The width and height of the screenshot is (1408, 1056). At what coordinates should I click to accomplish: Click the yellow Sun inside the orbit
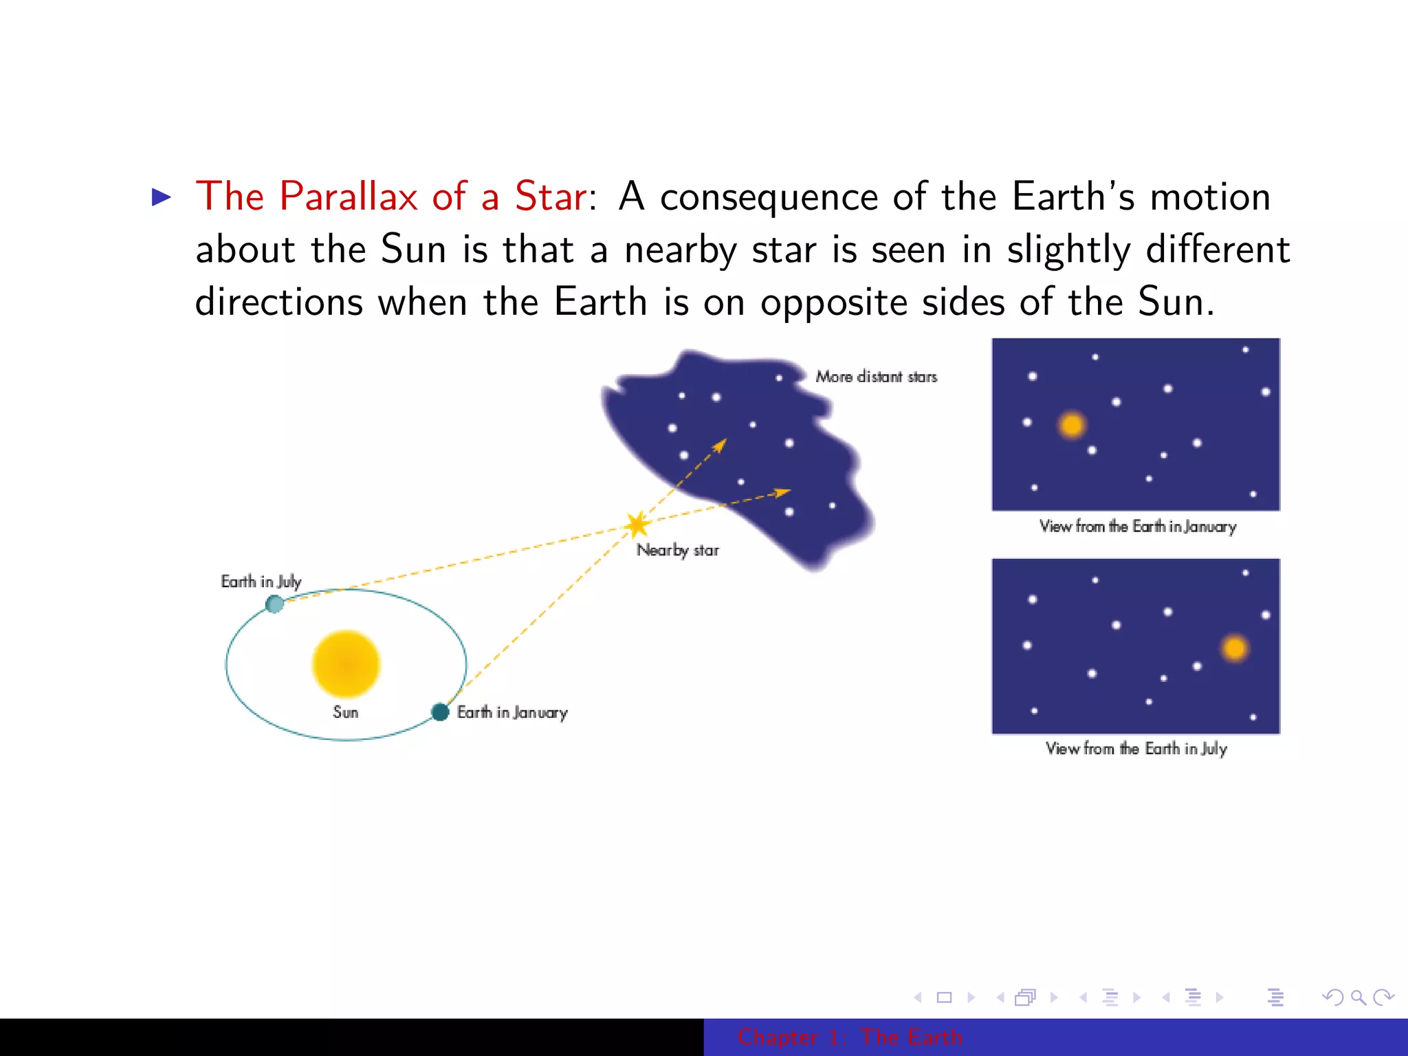tap(346, 664)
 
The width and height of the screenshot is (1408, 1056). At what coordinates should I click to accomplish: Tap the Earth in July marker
tap(274, 604)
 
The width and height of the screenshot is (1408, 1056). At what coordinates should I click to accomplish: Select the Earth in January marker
tap(440, 712)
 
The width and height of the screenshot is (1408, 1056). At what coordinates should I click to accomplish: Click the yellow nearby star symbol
tap(637, 525)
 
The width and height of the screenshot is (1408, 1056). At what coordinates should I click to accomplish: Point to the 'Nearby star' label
tap(677, 550)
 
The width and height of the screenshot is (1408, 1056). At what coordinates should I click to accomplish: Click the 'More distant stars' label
tap(876, 377)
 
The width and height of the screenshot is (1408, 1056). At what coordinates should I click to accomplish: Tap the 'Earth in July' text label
tap(261, 582)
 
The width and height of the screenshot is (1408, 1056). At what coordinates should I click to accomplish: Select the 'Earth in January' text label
tap(512, 712)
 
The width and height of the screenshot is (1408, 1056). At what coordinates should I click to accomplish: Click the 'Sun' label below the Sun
tap(345, 712)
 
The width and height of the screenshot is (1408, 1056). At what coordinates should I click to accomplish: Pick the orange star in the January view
tap(1072, 425)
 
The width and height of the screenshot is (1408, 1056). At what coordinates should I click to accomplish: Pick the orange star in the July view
tap(1235, 648)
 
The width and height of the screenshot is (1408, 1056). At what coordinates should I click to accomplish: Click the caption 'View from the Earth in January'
tap(1137, 527)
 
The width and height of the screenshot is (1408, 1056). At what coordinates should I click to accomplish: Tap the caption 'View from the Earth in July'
tap(1136, 748)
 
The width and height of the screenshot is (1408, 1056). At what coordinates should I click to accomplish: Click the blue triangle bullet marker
tap(161, 197)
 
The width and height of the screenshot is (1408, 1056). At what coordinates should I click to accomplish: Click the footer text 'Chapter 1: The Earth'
tap(849, 1037)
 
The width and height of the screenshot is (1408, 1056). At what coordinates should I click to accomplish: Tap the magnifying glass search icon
tap(1358, 997)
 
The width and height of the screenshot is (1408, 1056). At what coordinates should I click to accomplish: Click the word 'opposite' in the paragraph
tap(833, 302)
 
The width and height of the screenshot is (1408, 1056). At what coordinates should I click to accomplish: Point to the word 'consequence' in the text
tap(769, 197)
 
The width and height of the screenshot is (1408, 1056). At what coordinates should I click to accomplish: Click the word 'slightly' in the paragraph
tap(1068, 250)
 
